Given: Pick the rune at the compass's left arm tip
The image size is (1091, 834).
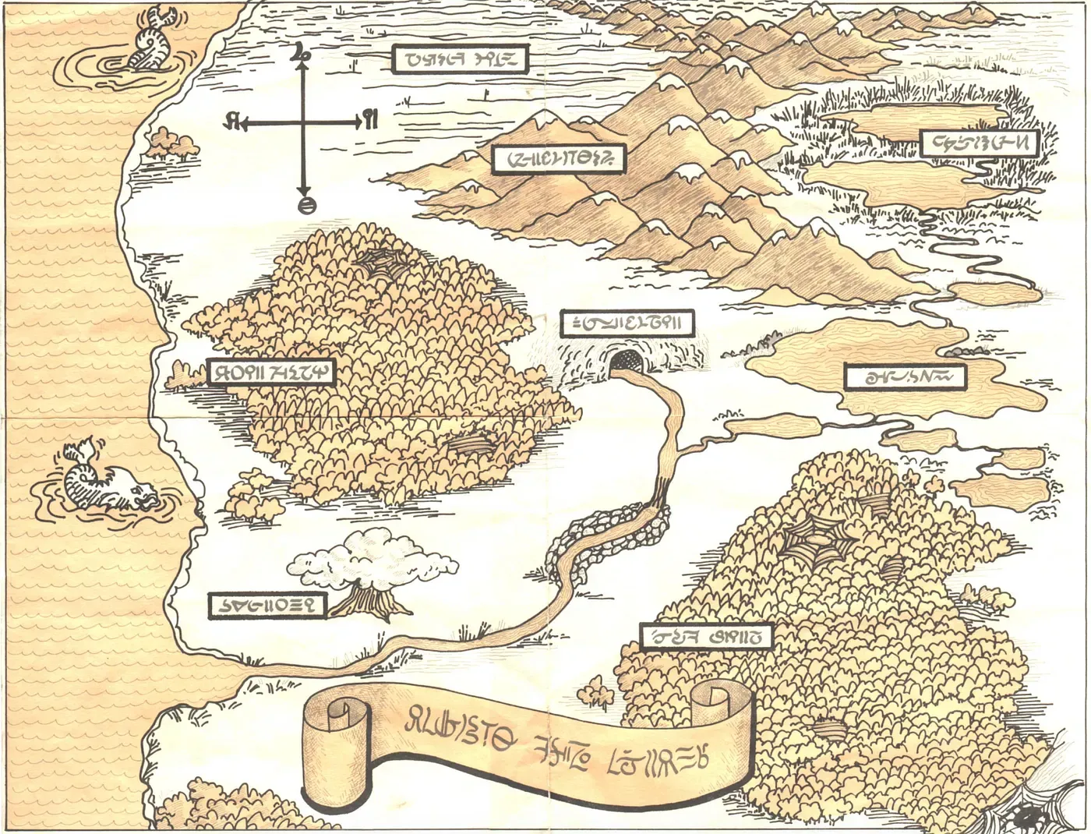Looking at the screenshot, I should pos(231,122).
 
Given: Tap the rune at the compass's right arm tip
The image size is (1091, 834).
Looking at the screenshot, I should pos(370,121).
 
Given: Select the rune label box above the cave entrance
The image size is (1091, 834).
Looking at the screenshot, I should pos(627,323).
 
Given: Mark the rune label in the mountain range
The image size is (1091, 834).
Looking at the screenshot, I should pos(558,158).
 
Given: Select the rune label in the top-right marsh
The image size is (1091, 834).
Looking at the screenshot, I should pos(979,143).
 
